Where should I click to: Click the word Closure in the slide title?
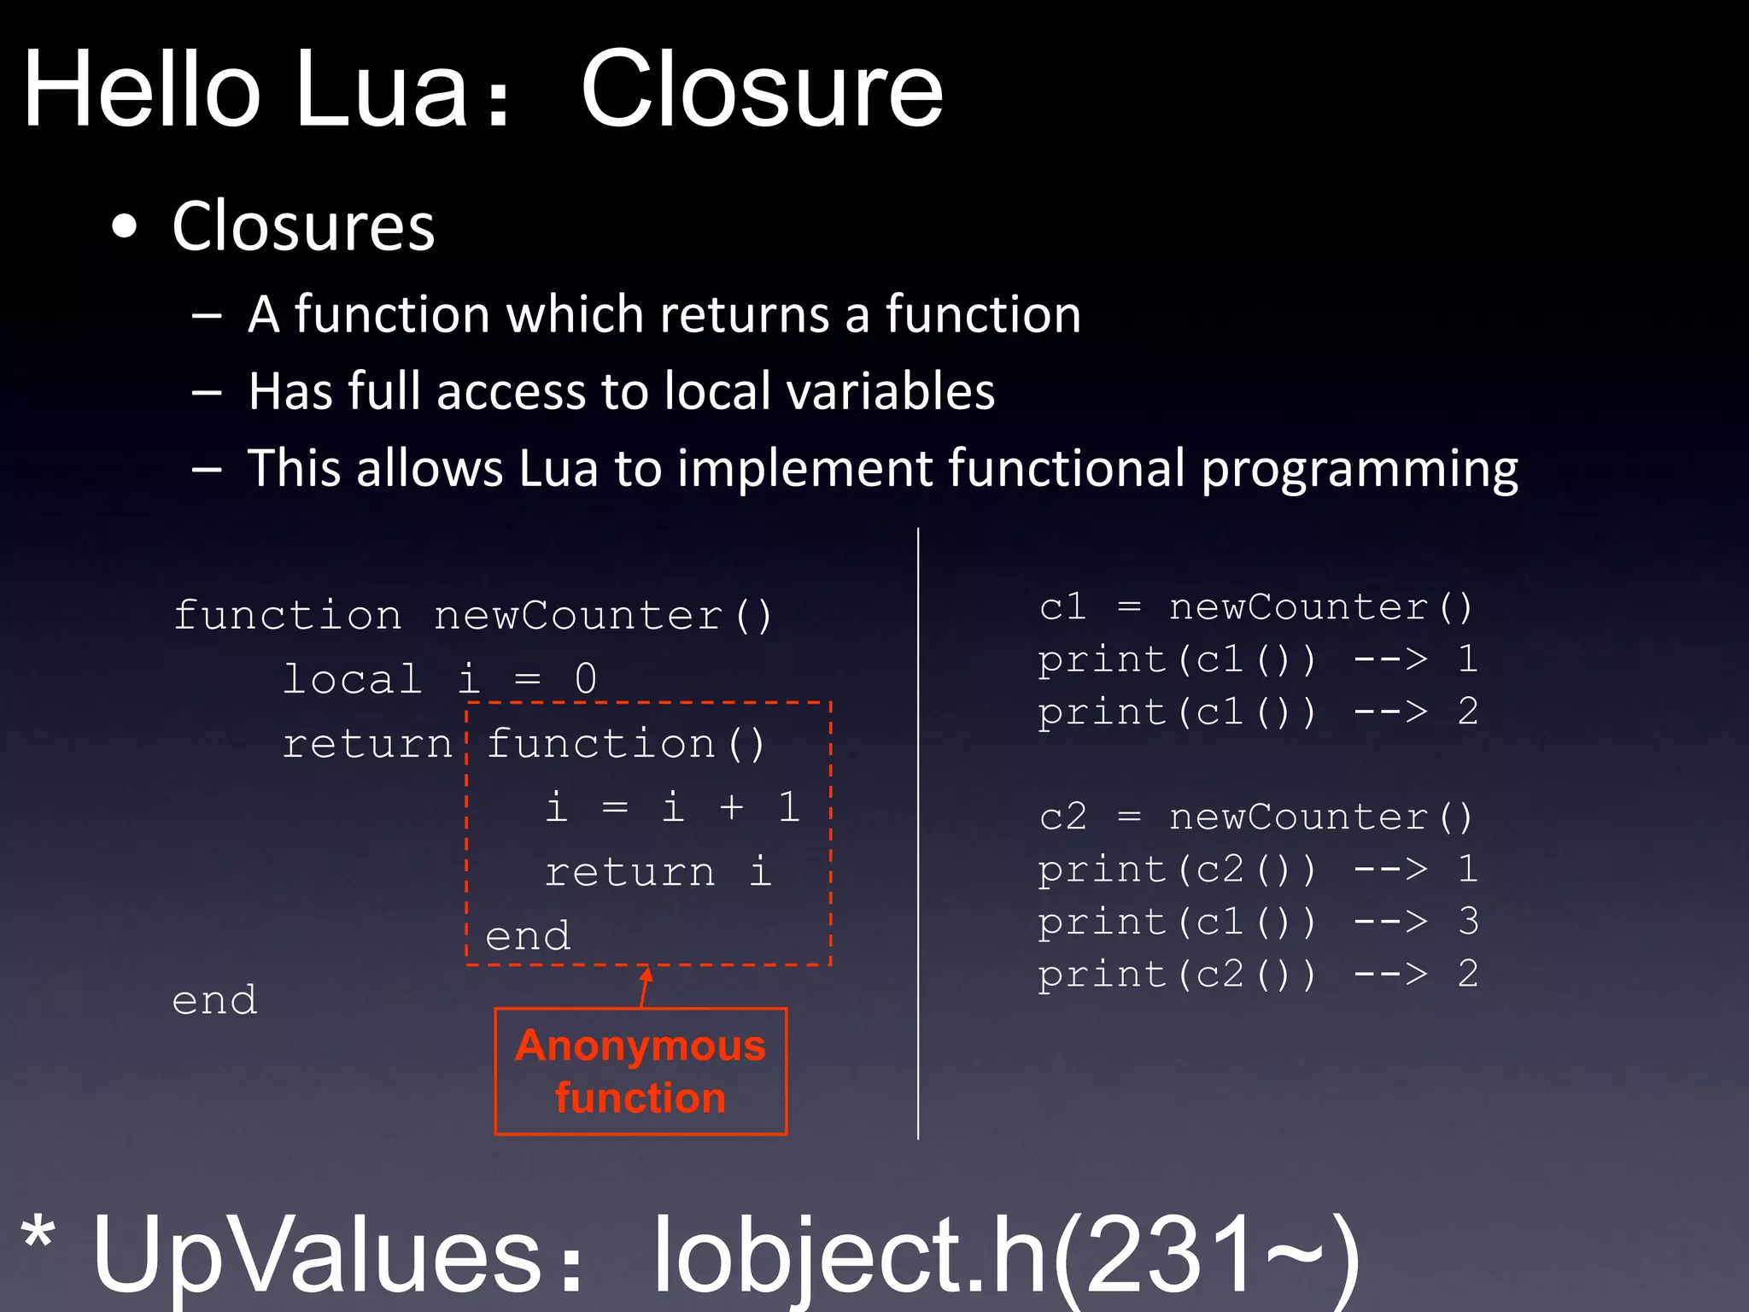pos(761,90)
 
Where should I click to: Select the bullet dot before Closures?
pos(125,227)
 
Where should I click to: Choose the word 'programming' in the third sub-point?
pos(1360,469)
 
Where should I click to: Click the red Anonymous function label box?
pos(641,1071)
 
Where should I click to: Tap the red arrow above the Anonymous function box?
pos(646,986)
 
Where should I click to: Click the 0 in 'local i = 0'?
pos(586,679)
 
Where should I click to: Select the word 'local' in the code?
pos(352,679)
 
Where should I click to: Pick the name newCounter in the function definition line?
pos(578,615)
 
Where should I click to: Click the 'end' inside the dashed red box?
pos(528,936)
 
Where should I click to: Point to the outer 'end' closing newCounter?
pos(214,1000)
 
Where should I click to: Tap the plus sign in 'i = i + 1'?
pos(731,807)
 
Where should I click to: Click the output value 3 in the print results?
pos(1468,922)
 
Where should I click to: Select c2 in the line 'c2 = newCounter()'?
pos(1063,817)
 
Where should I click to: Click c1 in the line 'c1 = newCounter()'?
pos(1063,607)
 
